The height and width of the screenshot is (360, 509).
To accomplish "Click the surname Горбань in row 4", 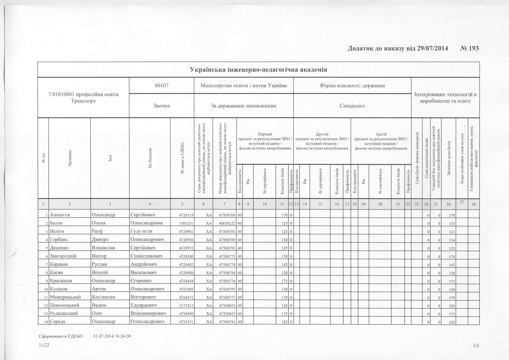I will [59, 240].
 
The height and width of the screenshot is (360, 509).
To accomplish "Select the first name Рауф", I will [97, 231].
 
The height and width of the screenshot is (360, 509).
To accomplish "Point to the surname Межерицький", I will [65, 297].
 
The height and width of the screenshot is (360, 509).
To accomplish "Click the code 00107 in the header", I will [161, 85].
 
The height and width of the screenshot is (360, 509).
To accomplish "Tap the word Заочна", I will [161, 106].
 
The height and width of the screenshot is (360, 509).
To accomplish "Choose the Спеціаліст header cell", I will [352, 106].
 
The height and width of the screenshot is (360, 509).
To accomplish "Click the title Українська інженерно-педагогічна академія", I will [258, 69].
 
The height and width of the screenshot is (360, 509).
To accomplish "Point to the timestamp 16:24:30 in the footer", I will [121, 336].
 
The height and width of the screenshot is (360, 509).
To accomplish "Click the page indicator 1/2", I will [476, 345].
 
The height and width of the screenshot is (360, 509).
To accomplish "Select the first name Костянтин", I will [104, 297].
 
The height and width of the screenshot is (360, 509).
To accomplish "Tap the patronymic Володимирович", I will [148, 313].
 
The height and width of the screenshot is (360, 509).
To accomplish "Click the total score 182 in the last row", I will [452, 322].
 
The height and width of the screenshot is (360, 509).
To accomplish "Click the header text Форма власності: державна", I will [352, 85].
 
